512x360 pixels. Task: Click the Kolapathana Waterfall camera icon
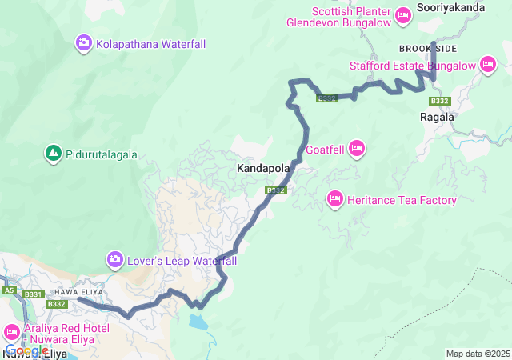point(84,42)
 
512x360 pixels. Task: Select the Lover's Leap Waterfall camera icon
point(115,259)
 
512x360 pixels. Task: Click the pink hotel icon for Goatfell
point(357,147)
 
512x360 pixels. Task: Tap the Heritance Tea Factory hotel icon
point(335,198)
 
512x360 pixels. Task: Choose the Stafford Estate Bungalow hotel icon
point(488,64)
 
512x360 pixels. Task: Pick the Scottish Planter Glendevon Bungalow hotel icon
point(402,14)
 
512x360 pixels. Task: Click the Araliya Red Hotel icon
point(12,330)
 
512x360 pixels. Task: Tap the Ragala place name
point(437,117)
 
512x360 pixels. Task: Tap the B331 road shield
point(33,295)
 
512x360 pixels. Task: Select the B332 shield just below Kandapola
point(276,190)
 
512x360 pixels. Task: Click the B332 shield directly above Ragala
point(439,101)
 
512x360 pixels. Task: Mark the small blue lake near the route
point(197,322)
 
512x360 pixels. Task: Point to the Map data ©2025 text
point(477,354)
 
